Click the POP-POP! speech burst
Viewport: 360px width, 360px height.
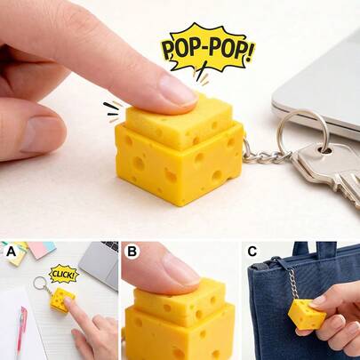pyautogui.click(x=207, y=52)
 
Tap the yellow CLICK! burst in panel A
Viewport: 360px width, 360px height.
pyautogui.click(x=64, y=274)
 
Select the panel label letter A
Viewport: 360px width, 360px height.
pyautogui.click(x=11, y=252)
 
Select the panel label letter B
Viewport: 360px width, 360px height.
pyautogui.click(x=132, y=252)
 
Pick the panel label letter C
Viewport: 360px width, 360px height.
pyautogui.click(x=252, y=252)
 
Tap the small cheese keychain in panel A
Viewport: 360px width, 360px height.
pyautogui.click(x=61, y=300)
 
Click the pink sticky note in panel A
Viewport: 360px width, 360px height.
pyautogui.click(x=42, y=250)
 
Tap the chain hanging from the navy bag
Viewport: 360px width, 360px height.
pyautogui.click(x=291, y=284)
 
